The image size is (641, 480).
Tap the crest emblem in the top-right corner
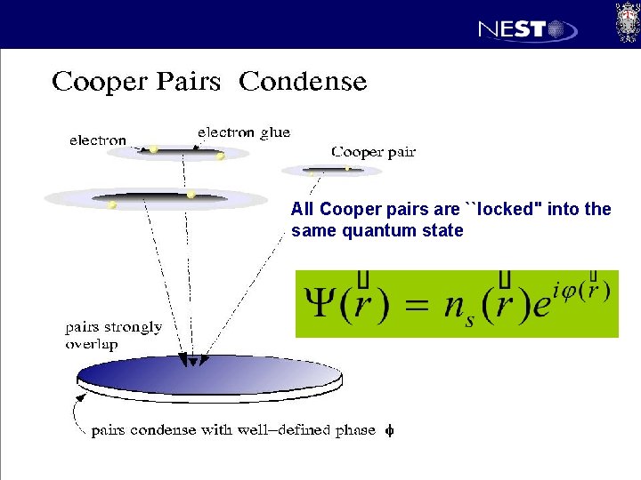click(627, 22)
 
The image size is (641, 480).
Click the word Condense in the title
click(303, 82)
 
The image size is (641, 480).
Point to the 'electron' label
click(98, 140)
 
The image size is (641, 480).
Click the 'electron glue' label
click(243, 132)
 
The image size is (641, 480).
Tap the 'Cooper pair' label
click(373, 152)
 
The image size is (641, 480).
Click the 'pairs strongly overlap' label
click(113, 335)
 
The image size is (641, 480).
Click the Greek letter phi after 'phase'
click(389, 431)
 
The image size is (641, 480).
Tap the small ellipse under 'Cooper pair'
click(319, 170)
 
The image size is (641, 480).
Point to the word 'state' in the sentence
click(443, 231)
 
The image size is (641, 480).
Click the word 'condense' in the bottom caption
click(162, 431)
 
